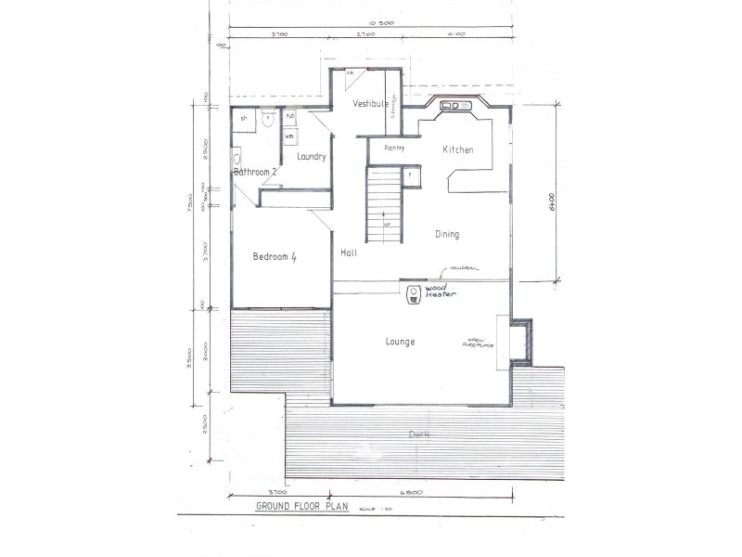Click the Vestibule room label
click(x=370, y=104)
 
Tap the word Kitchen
click(x=457, y=149)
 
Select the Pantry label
click(x=395, y=148)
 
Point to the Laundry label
click(x=311, y=157)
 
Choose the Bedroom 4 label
click(x=274, y=257)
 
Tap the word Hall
click(x=349, y=253)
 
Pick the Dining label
click(x=447, y=235)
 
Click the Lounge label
click(x=400, y=342)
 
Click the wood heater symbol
click(x=414, y=294)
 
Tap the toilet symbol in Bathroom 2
click(x=266, y=118)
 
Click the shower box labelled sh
click(x=244, y=119)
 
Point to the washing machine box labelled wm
click(x=289, y=136)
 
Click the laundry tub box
click(x=289, y=117)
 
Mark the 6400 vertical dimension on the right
click(x=550, y=202)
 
